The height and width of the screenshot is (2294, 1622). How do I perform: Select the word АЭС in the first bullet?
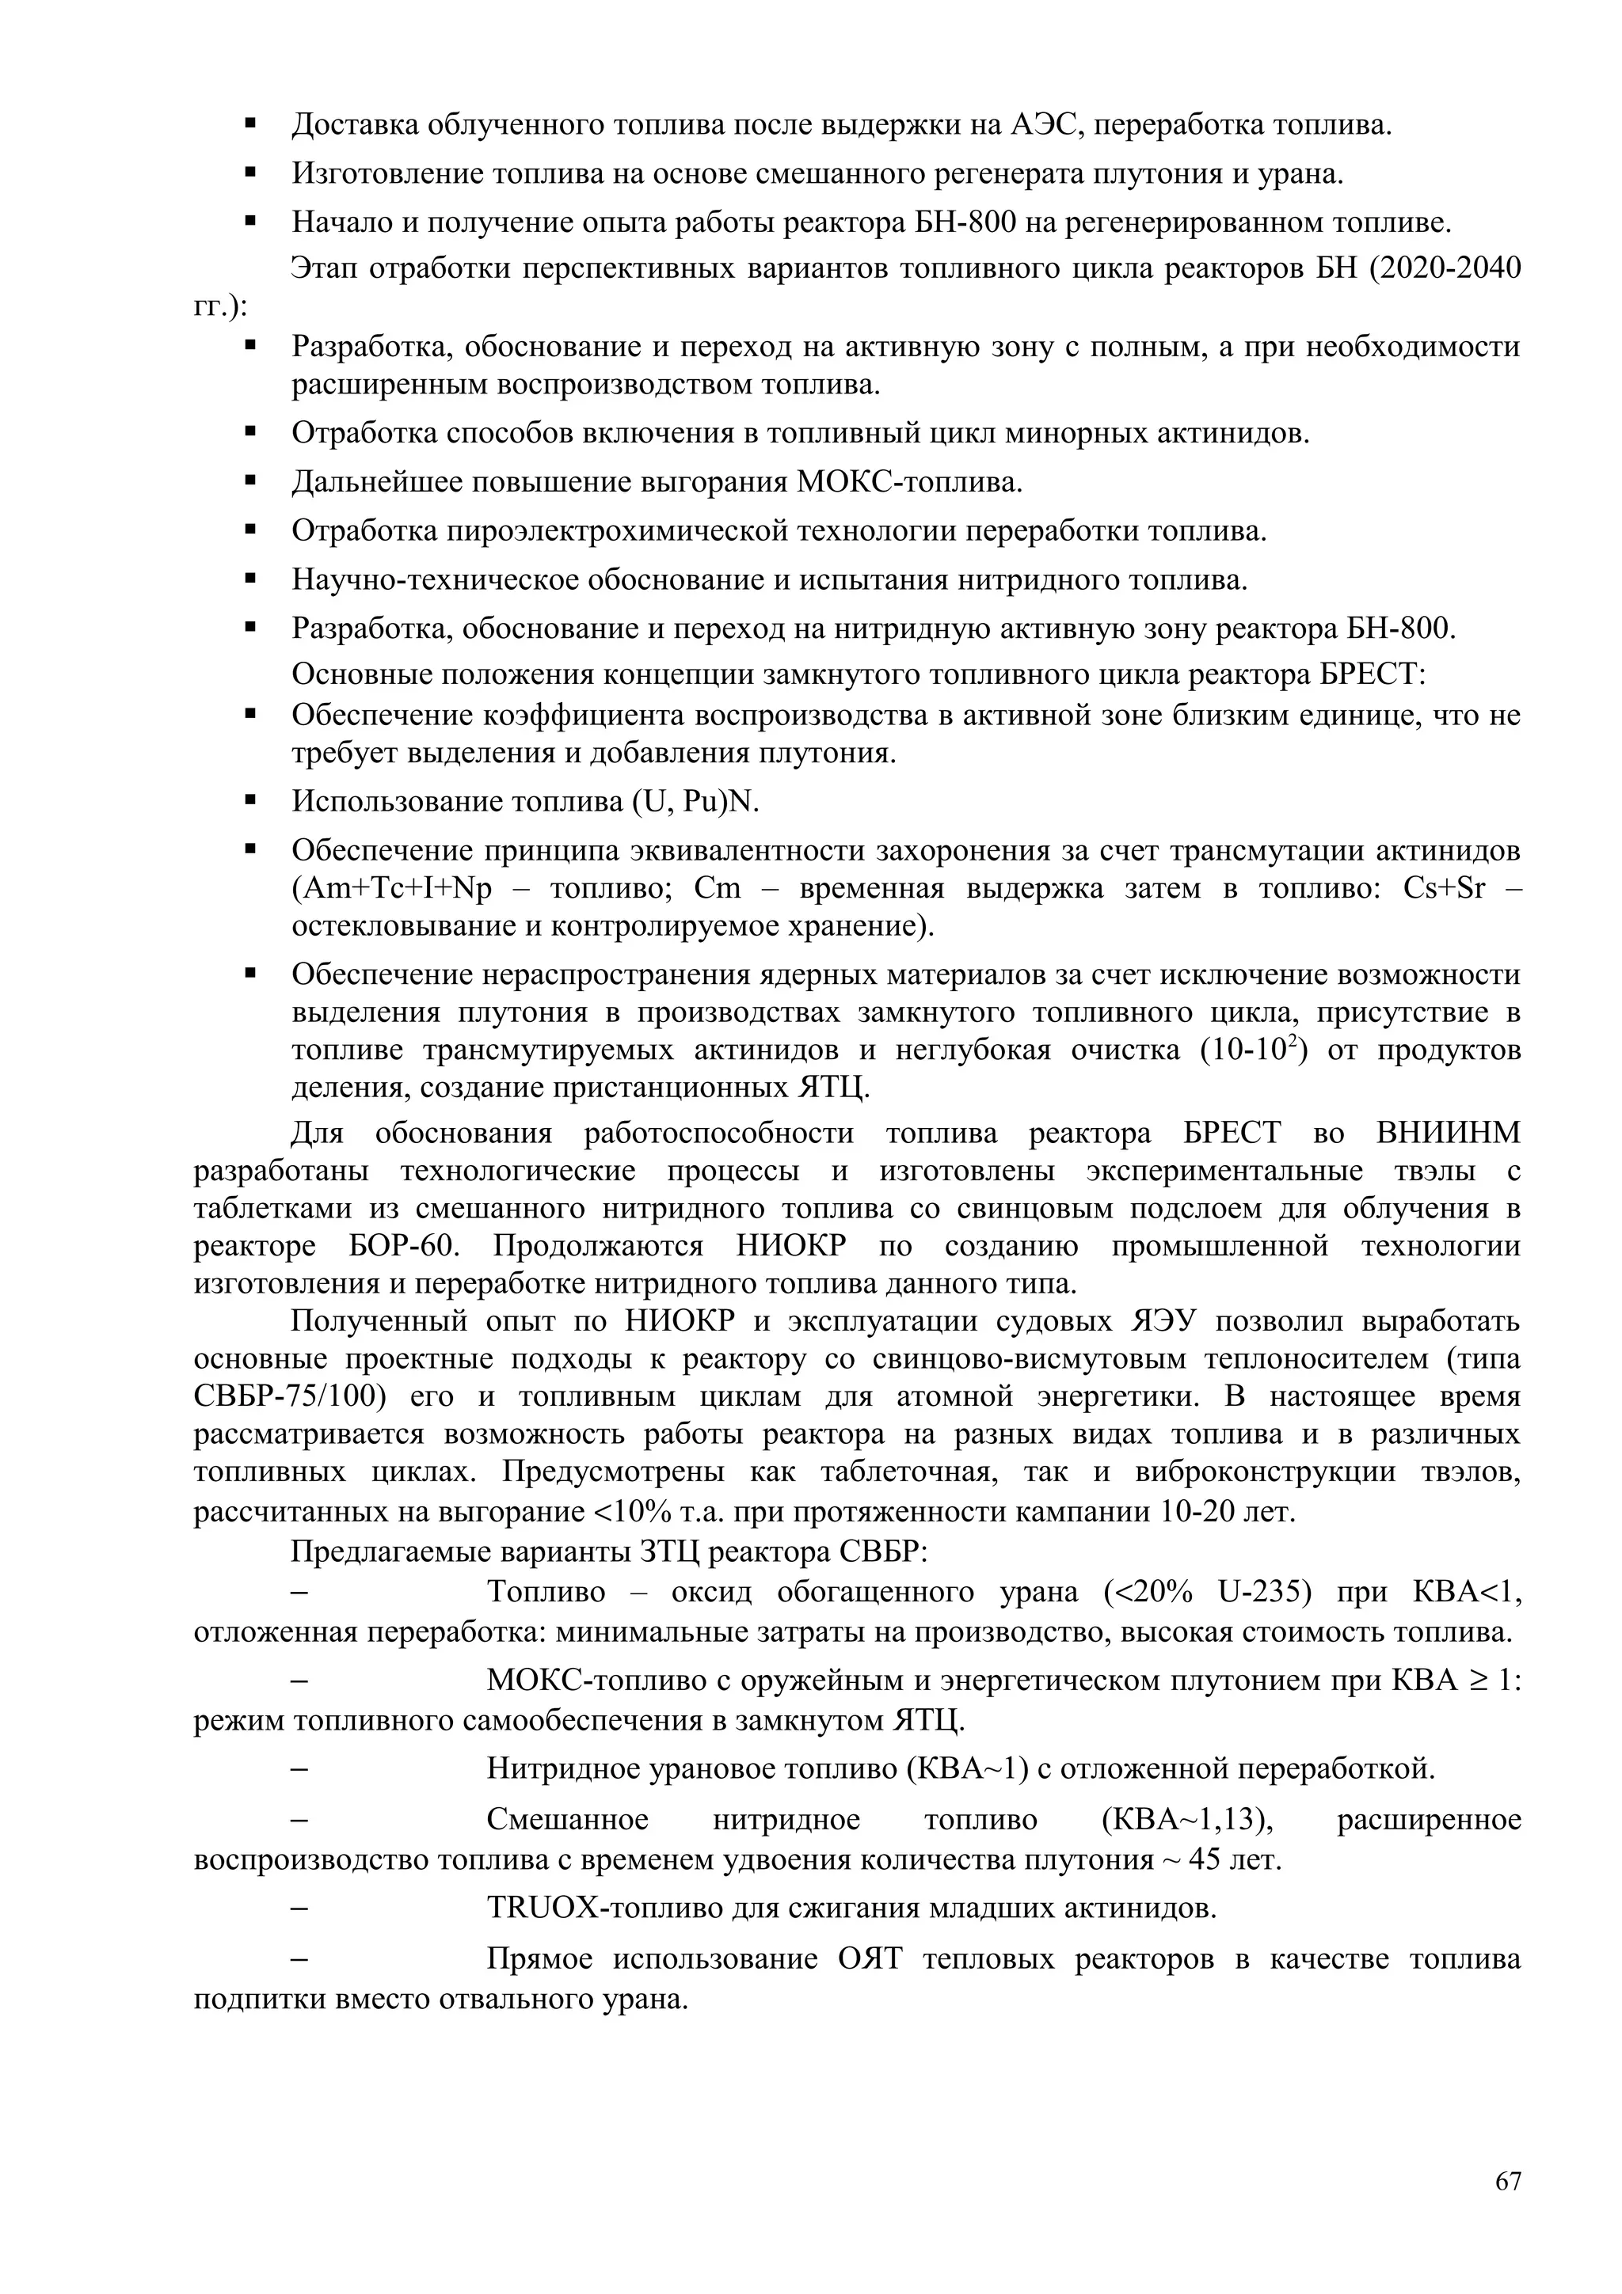(x=1039, y=126)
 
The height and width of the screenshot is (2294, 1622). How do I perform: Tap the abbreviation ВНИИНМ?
(x=1447, y=1134)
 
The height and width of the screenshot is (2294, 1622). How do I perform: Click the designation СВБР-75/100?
(x=289, y=1397)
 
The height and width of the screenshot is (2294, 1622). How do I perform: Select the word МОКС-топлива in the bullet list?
(x=909, y=484)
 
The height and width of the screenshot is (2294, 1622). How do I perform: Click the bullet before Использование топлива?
(x=251, y=800)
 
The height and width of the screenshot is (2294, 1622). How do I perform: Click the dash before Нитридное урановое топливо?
(x=298, y=1771)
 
